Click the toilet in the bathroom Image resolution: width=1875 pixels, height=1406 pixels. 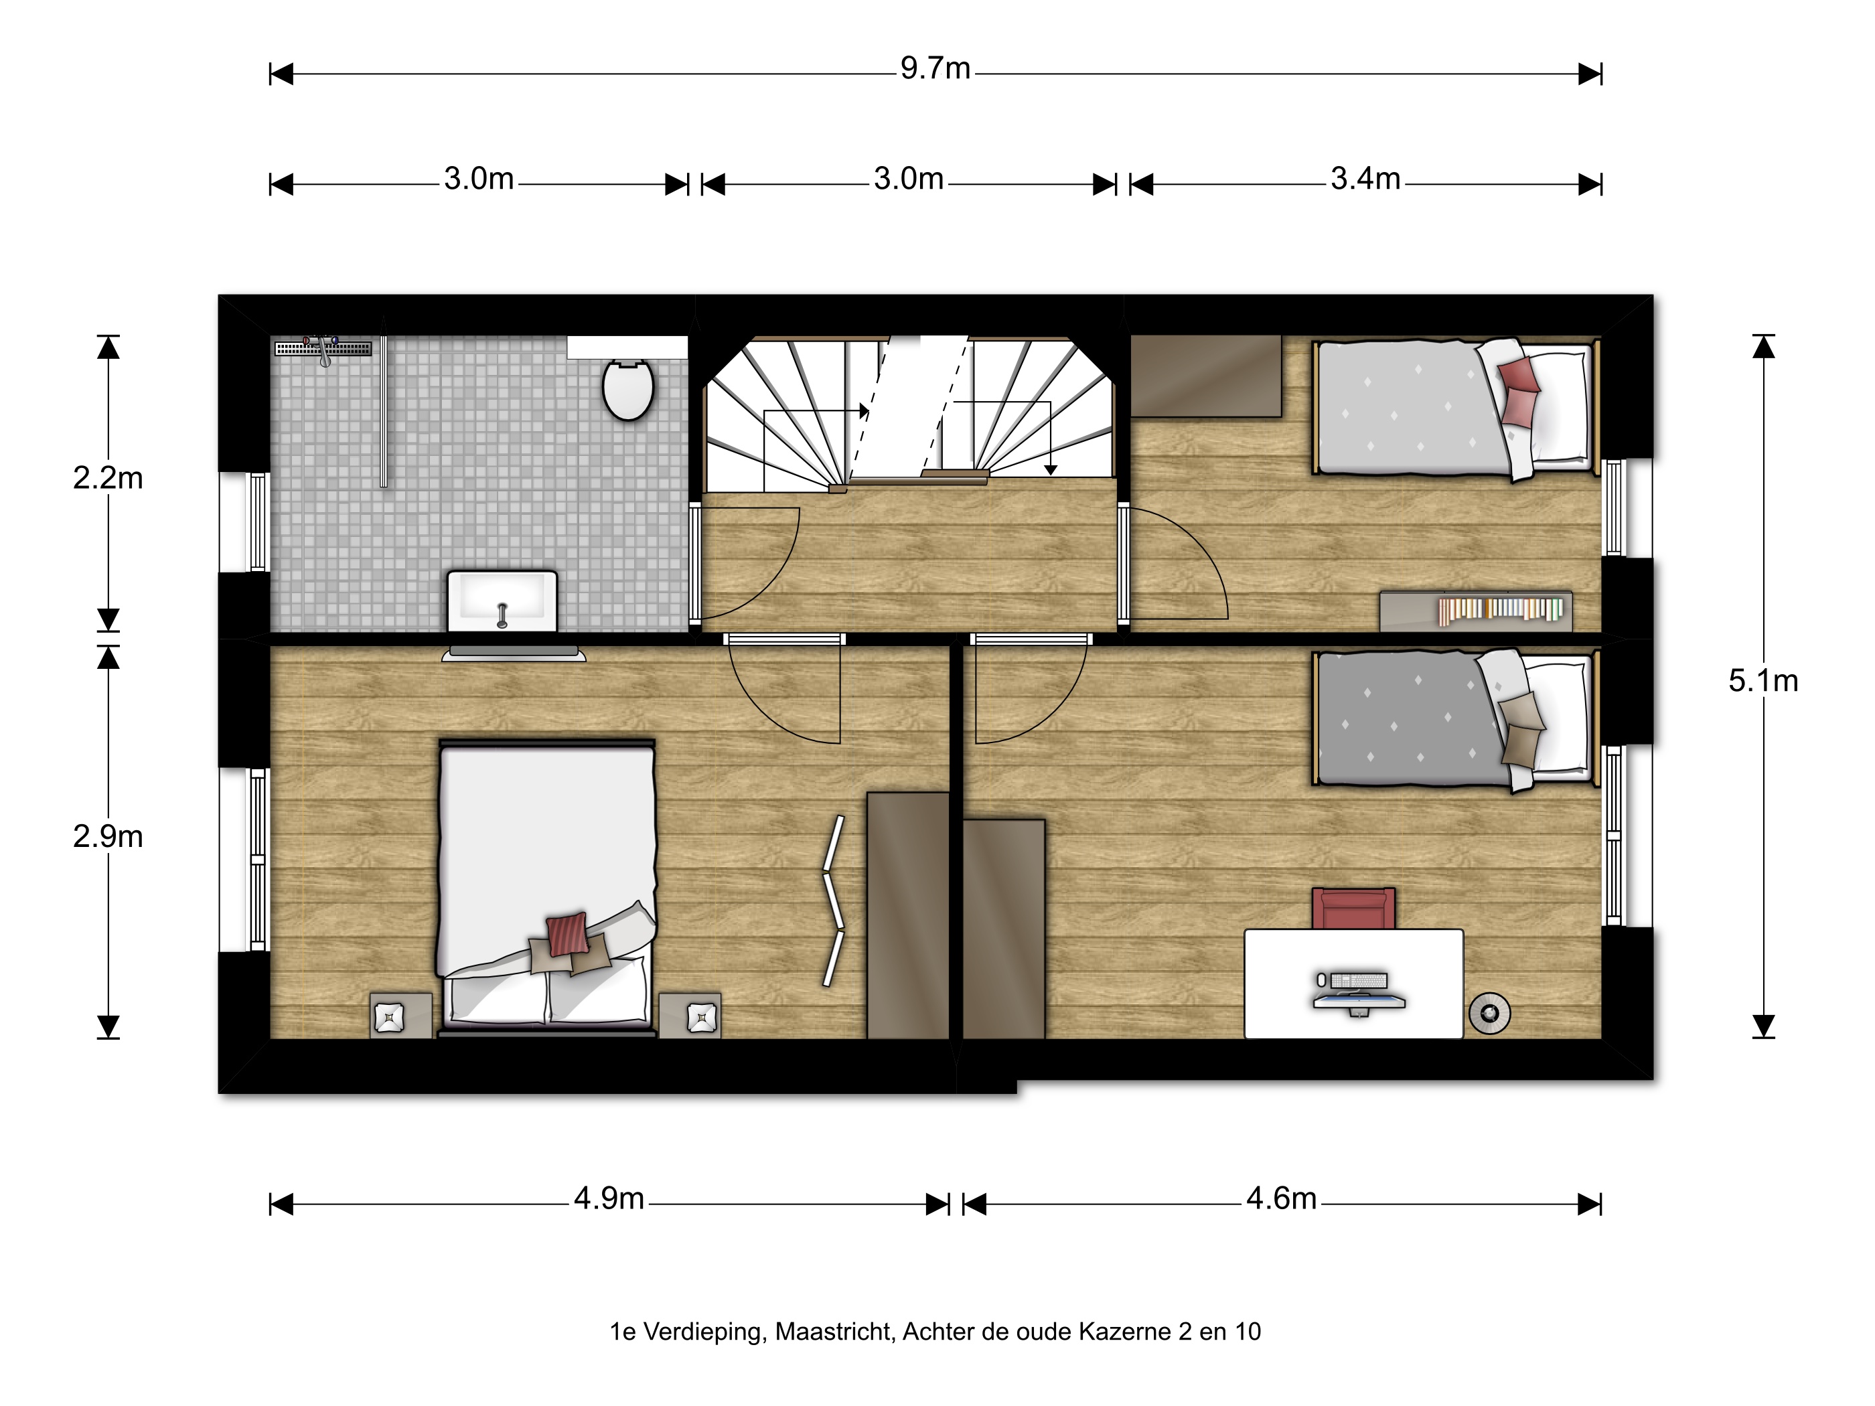click(x=628, y=389)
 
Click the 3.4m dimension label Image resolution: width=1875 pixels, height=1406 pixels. click(x=1365, y=179)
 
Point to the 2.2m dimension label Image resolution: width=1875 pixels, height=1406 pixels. click(x=108, y=479)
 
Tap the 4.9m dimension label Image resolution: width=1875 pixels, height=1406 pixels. click(x=609, y=1198)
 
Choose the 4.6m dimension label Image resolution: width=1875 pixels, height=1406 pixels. click(x=1281, y=1198)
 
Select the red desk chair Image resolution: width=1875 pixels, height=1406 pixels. click(x=1353, y=909)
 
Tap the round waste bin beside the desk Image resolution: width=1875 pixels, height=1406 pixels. click(x=1489, y=1013)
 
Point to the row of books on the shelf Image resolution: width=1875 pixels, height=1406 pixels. click(x=1501, y=609)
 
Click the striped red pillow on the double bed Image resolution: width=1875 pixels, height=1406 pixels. click(x=567, y=934)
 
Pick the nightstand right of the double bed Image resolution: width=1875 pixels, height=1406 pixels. click(x=690, y=1015)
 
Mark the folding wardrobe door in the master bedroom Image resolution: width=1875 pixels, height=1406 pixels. click(x=834, y=902)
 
